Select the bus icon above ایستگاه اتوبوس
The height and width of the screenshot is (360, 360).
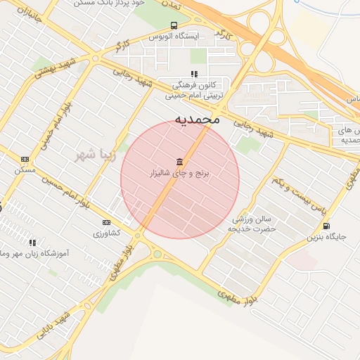click(x=174, y=25)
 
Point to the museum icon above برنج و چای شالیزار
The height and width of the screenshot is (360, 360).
click(x=180, y=161)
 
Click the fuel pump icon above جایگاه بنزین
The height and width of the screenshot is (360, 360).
click(x=326, y=226)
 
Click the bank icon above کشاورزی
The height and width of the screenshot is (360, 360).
click(x=106, y=222)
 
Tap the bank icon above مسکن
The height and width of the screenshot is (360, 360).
click(x=25, y=160)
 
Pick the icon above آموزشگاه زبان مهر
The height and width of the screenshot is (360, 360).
click(x=32, y=242)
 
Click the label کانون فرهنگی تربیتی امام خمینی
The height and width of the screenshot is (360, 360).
click(x=195, y=88)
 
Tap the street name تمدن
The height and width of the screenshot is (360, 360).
click(x=171, y=5)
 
